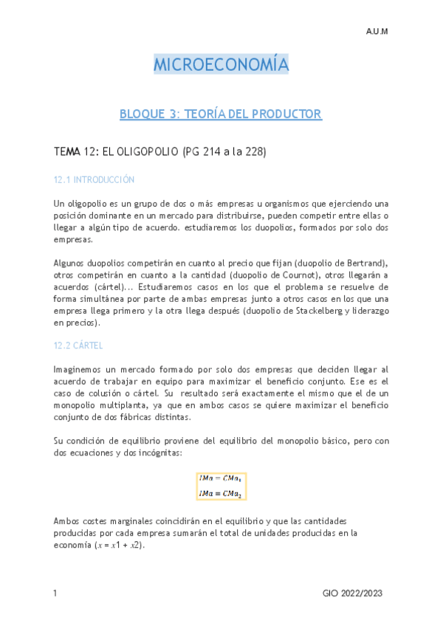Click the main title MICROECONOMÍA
pos(221,65)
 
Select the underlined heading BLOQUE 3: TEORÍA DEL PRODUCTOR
pos(221,114)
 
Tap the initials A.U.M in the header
pos(377,32)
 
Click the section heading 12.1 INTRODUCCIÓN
pos(95,179)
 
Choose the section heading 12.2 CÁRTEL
pos(78,345)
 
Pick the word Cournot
pos(292,275)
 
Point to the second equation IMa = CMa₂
pos(221,492)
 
